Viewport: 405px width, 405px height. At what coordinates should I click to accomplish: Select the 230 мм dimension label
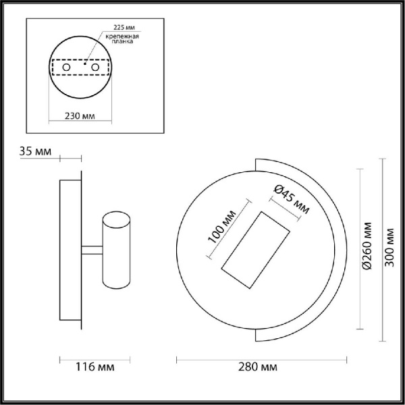coord(80,115)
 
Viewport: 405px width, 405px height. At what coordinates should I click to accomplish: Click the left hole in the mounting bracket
coord(66,67)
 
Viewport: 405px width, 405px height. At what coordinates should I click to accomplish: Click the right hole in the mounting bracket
coord(96,67)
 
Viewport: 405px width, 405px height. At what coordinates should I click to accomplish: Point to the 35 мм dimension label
coord(35,151)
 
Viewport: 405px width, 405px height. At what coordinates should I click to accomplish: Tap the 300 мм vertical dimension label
coord(389,248)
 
